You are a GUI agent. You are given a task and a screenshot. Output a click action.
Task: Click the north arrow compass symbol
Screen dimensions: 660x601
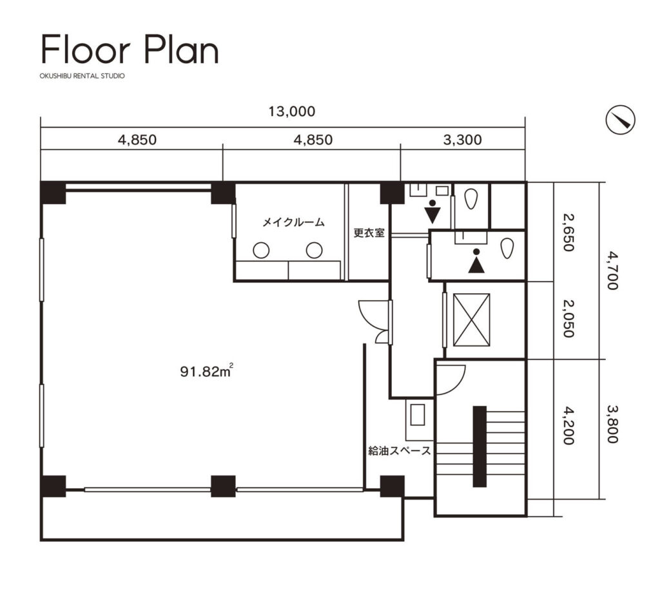pos(621,120)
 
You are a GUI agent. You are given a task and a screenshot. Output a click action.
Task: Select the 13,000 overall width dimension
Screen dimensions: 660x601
pos(292,111)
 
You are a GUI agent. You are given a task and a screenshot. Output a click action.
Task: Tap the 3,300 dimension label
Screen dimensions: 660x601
pos(462,140)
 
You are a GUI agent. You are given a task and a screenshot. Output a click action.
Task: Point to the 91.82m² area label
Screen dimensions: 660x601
pos(207,370)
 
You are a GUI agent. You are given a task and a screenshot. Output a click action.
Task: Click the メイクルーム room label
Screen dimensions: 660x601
pos(293,222)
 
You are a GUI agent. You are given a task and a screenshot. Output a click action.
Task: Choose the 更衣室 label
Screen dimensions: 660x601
pos(369,233)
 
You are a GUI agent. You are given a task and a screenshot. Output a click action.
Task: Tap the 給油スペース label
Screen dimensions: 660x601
pos(400,451)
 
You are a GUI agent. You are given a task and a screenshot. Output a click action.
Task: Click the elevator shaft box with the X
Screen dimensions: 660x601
pos(471,320)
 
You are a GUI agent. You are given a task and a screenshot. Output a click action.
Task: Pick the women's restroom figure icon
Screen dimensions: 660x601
pos(432,212)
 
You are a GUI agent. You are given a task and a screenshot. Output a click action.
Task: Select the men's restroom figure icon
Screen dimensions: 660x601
pos(476,261)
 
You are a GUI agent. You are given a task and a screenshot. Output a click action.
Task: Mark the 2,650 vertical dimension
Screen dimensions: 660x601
pos(568,232)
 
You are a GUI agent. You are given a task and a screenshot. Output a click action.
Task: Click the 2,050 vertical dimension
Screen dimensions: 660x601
pos(568,319)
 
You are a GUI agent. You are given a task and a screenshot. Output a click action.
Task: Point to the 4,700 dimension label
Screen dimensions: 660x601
pos(612,271)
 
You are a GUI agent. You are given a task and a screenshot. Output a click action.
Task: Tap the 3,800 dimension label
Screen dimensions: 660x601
pos(612,424)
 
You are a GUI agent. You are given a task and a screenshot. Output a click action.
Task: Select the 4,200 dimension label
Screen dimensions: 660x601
pos(568,425)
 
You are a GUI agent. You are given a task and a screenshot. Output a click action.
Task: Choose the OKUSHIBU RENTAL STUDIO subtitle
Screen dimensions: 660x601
pos(82,76)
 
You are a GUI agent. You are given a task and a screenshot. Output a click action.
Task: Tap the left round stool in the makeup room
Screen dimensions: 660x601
pos(261,250)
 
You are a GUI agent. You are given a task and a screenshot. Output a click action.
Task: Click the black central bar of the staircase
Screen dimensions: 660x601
pos(480,446)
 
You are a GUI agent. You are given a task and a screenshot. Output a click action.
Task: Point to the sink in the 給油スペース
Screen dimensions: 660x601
pos(417,414)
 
